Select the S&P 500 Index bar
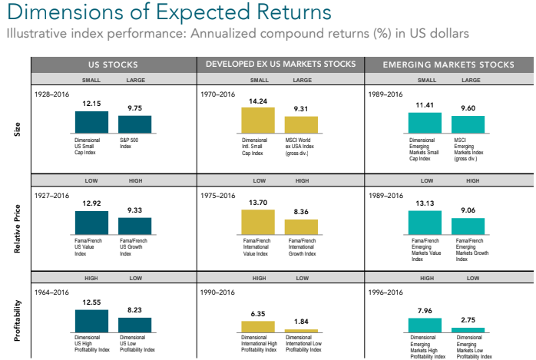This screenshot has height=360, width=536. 135,124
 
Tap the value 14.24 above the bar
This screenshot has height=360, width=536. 257,100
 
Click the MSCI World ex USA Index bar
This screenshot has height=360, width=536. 301,125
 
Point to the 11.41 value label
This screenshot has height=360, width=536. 423,105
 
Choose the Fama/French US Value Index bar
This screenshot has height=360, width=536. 91,223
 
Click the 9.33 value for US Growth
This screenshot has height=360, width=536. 135,210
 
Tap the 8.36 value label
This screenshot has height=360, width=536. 301,212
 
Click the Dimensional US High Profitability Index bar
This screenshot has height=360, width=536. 91,321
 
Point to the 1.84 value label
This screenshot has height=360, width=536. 301,322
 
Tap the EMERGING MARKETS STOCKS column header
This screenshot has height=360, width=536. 448,64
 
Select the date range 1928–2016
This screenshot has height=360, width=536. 51,96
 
